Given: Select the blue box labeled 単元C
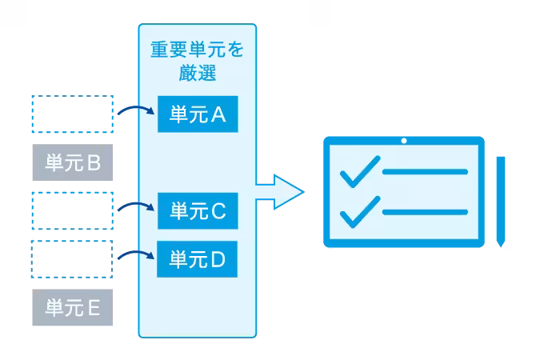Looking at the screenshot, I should click(198, 211).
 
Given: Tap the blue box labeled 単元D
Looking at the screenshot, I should click(198, 259).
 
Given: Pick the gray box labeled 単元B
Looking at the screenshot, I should click(72, 163).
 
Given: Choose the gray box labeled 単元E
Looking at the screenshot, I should click(72, 308).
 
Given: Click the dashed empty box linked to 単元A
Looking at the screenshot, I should click(72, 114).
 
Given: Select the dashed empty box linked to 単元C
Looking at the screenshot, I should click(72, 210).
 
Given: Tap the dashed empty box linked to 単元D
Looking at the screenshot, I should click(72, 258).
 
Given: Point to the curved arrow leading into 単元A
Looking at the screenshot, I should click(135, 110).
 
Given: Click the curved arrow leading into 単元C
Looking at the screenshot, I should click(135, 206).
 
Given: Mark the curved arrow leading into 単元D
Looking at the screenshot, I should click(135, 254).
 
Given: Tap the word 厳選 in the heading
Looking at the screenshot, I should click(198, 74).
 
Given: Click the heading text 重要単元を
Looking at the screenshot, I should click(198, 50).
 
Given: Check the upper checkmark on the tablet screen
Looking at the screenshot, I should click(359, 170).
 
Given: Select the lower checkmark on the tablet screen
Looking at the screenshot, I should click(359, 210).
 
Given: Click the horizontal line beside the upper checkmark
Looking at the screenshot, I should click(425, 172).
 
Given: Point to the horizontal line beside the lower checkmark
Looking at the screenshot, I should click(425, 211).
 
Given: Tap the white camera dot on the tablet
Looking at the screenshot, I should click(404, 142).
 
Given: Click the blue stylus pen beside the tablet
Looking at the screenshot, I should click(501, 200).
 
